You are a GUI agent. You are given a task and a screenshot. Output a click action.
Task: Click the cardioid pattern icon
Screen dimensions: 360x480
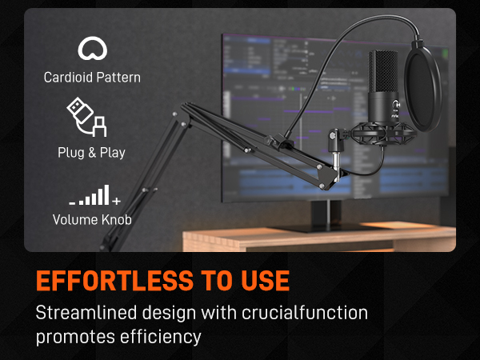(92, 50)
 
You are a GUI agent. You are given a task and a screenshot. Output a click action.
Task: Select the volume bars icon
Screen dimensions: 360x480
(90, 195)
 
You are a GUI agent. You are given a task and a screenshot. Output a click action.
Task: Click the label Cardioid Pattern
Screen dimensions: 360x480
(92, 78)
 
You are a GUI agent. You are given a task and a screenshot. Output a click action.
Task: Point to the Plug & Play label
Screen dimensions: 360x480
(91, 152)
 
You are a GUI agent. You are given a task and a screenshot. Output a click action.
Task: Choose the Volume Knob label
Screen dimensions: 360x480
(91, 219)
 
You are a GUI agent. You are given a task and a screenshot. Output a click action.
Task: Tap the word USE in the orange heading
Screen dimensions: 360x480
(260, 281)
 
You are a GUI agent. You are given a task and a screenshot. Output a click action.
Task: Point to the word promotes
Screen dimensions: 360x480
(70, 337)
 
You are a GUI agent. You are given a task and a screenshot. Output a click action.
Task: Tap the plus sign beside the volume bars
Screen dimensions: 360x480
(117, 201)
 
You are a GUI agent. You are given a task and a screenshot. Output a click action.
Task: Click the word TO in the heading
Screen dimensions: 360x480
(202, 281)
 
